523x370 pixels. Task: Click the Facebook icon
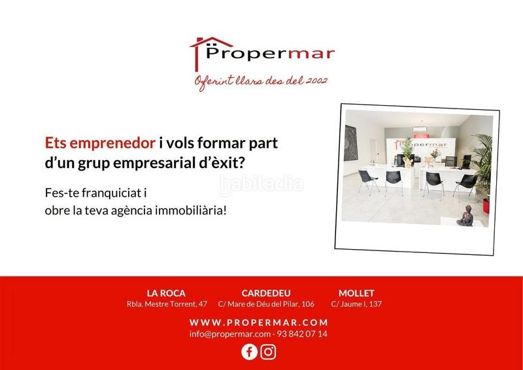249,352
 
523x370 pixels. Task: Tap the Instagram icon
268,352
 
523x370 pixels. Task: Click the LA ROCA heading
166,294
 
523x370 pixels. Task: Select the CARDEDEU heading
266,294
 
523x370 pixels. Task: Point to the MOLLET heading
356,294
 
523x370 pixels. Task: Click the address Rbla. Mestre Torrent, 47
167,304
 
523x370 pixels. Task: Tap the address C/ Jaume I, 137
356,304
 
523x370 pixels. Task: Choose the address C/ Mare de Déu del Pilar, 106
266,304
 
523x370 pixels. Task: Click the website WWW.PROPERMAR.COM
259,323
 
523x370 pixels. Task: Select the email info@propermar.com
230,334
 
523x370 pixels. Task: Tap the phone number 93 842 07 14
302,334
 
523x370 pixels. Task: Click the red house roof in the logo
211,42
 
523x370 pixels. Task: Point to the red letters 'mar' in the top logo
311,54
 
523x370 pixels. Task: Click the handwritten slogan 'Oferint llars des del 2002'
261,82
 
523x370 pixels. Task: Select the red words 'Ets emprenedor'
100,143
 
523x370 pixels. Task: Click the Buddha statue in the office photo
465,216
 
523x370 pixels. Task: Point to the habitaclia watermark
261,184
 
